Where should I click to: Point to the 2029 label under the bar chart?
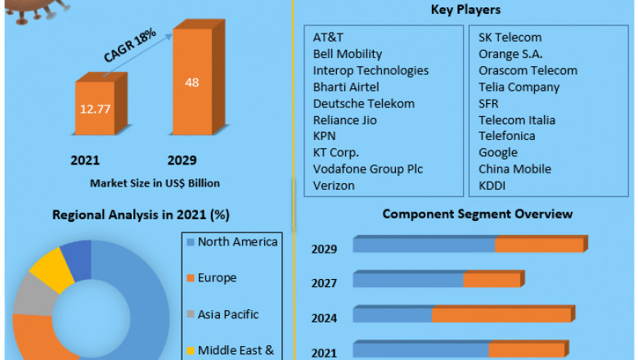coord(182,160)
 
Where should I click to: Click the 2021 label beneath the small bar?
coord(84,160)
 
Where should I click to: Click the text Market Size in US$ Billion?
coord(155,182)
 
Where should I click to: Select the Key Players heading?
coord(465,10)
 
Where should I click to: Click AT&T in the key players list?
coord(328,38)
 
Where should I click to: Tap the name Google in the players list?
coord(498,152)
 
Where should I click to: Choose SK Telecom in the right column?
coord(510,38)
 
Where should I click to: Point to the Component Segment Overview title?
coord(478,214)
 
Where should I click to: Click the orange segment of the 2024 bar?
coord(501,315)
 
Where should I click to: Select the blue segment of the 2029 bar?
coord(424,245)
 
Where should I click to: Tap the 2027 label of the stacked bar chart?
coord(323,283)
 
